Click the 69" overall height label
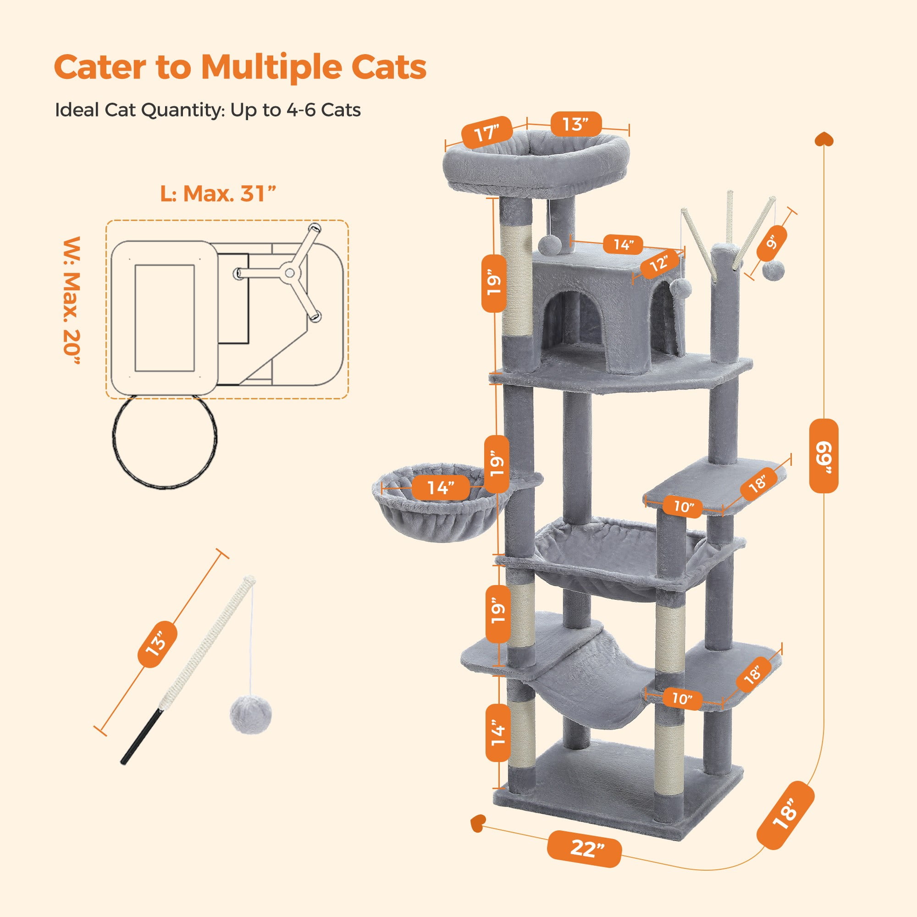coord(823,456)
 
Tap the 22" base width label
coord(584,848)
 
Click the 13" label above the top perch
coord(576,124)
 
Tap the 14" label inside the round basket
coord(441,487)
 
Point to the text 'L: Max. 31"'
coord(218,193)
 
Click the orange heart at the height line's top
coord(824,139)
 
